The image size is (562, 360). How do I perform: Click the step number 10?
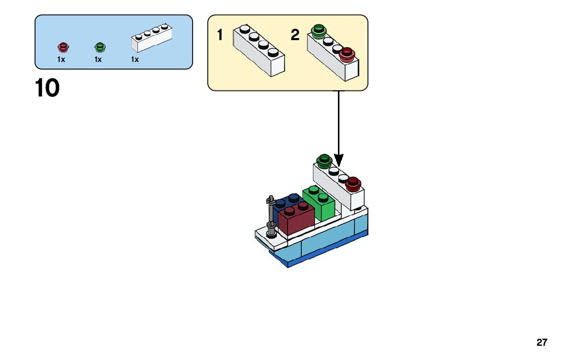click(47, 88)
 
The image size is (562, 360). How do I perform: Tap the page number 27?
click(542, 343)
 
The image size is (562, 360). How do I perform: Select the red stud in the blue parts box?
click(63, 47)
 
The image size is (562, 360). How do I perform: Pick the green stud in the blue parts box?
click(100, 47)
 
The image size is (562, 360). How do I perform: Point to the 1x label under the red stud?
click(61, 59)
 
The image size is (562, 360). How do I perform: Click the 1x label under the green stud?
click(98, 59)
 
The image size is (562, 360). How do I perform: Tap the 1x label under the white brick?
click(135, 59)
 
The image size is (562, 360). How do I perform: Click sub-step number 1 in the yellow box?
click(220, 36)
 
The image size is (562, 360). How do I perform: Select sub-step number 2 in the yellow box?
click(295, 36)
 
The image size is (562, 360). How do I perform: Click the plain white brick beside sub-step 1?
click(259, 51)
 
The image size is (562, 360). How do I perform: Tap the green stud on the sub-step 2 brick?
click(319, 31)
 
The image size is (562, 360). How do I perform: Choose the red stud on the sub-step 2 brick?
click(347, 53)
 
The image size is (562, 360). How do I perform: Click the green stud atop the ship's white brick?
click(324, 161)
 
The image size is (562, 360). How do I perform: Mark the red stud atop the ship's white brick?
click(353, 183)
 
